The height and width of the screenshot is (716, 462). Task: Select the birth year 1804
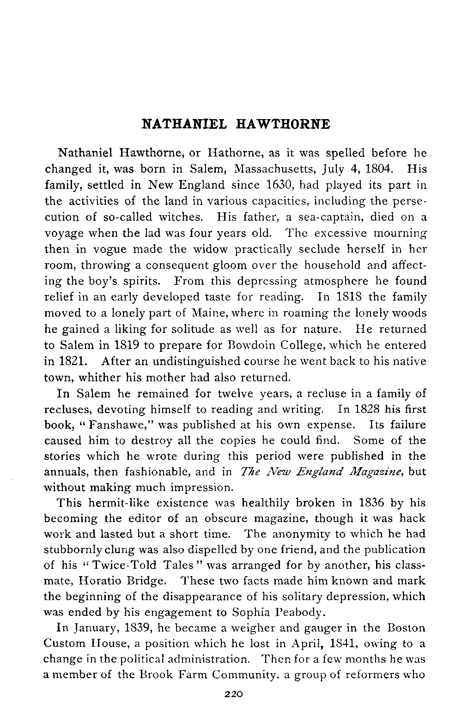pos(379,169)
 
